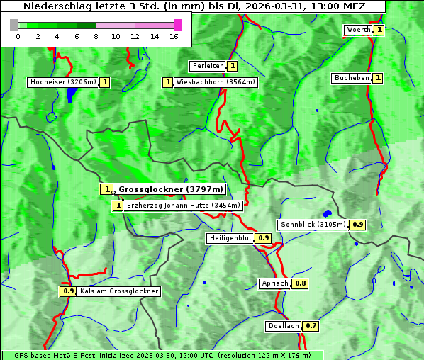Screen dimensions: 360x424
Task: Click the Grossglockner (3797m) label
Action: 170,189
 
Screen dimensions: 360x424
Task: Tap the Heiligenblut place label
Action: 230,238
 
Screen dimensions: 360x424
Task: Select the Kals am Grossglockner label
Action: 118,291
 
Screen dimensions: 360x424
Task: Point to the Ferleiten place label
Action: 208,66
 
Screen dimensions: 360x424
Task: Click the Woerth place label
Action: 357,30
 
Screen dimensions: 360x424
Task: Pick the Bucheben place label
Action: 351,78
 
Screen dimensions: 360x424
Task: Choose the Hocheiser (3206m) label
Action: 62,82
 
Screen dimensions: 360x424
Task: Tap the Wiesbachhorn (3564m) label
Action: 216,82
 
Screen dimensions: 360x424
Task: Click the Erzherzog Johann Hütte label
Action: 184,206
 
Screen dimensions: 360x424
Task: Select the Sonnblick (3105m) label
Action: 313,225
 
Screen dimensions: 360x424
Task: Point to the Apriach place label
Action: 275,283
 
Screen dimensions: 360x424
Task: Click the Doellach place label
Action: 284,327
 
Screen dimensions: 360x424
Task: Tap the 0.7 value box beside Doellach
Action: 311,327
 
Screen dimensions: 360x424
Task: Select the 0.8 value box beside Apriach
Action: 301,283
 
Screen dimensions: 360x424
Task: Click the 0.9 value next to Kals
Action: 68,291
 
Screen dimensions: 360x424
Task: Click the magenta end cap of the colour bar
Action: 177,25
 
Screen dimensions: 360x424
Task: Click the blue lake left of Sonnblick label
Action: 327,213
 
